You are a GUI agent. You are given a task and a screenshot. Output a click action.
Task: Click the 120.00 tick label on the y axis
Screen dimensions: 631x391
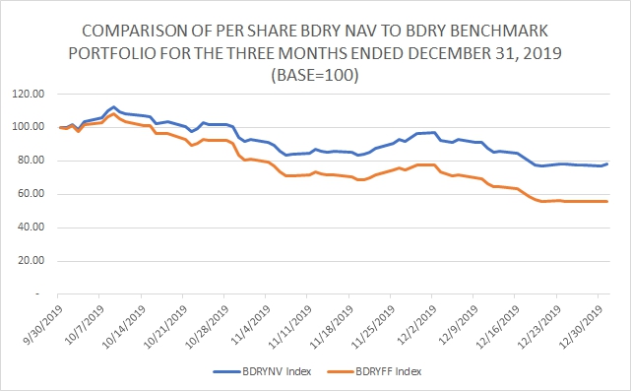click(29, 95)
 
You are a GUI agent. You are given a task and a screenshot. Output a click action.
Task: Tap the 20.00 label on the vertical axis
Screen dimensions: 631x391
click(31, 261)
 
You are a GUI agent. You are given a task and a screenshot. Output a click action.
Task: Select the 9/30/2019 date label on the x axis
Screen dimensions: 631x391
click(43, 325)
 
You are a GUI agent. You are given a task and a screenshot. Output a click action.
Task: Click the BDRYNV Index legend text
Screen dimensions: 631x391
click(277, 371)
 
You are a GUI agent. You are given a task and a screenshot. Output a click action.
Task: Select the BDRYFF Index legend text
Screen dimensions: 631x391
click(388, 371)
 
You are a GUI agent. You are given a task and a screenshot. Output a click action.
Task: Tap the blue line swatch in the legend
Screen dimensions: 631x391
click(227, 371)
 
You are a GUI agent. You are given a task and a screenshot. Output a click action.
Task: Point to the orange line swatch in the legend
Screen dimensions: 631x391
click(341, 371)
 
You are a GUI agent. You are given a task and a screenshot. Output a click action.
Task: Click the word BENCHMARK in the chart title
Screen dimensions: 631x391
click(476, 31)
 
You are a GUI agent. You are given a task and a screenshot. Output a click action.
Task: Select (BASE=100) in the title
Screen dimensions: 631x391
click(315, 75)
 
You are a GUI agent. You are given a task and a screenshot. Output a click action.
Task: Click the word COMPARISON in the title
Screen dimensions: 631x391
click(134, 31)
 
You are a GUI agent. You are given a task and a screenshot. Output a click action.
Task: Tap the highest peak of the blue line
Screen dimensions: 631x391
click(113, 107)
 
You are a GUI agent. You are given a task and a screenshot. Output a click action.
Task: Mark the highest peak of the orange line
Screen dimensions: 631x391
click(113, 114)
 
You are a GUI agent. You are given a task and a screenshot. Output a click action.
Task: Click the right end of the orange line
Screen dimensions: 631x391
click(606, 201)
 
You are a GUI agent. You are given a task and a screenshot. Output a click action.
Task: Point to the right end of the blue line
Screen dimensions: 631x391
click(606, 163)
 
